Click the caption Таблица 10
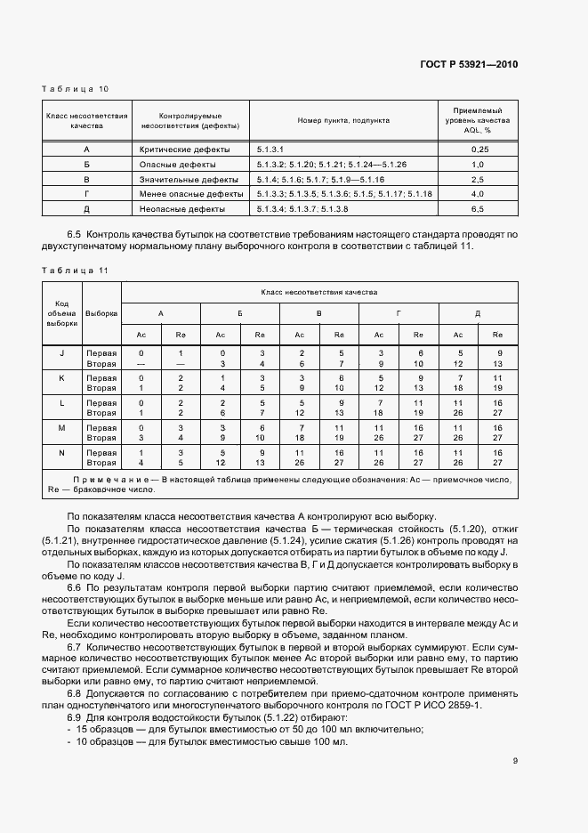[75, 89]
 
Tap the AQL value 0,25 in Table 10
[477, 150]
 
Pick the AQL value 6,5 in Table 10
[477, 208]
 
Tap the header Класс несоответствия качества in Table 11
[318, 291]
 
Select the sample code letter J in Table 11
[62, 353]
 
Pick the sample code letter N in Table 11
[62, 453]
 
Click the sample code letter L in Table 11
[62, 403]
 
